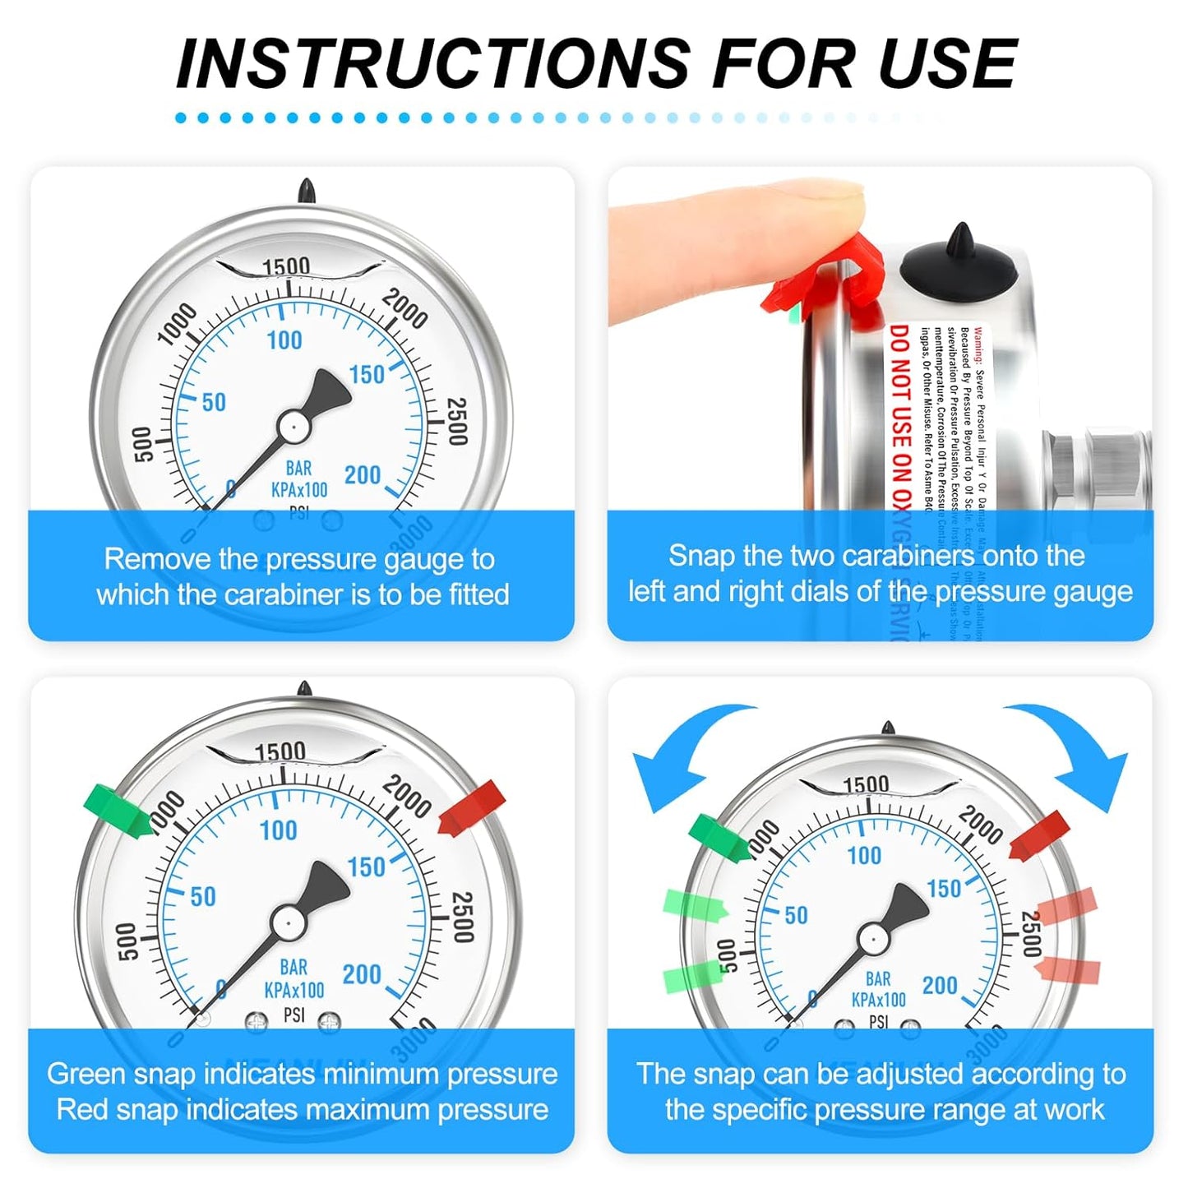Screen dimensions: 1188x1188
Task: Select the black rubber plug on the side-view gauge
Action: click(x=959, y=260)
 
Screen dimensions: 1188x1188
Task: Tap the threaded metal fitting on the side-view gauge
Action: click(x=1102, y=465)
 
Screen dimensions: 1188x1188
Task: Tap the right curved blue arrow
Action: click(x=1077, y=748)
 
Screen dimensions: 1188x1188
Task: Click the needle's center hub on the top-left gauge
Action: click(x=293, y=426)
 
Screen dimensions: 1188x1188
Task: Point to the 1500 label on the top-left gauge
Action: click(x=286, y=266)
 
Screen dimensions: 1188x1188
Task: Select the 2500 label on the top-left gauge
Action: click(x=456, y=421)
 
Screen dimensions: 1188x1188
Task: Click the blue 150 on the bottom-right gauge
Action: click(x=943, y=889)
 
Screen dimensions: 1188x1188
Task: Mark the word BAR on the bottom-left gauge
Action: click(x=294, y=967)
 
